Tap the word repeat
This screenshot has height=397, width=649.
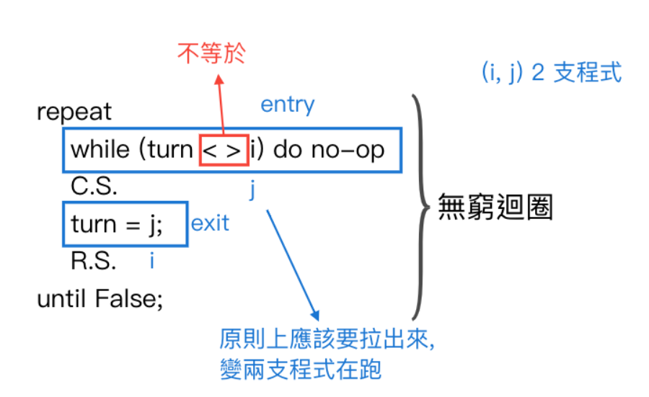tap(74, 112)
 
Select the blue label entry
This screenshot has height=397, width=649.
tap(287, 104)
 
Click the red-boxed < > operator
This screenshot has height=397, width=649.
tap(224, 151)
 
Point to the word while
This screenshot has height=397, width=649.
tap(99, 151)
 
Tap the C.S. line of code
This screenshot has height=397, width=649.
tap(94, 187)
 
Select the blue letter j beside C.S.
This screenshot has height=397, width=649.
tap(253, 189)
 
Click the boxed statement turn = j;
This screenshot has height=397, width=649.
tap(118, 225)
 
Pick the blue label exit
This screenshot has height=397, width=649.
tap(210, 223)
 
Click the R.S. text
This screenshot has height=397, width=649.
tap(94, 261)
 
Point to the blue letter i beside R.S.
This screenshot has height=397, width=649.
tap(151, 260)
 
